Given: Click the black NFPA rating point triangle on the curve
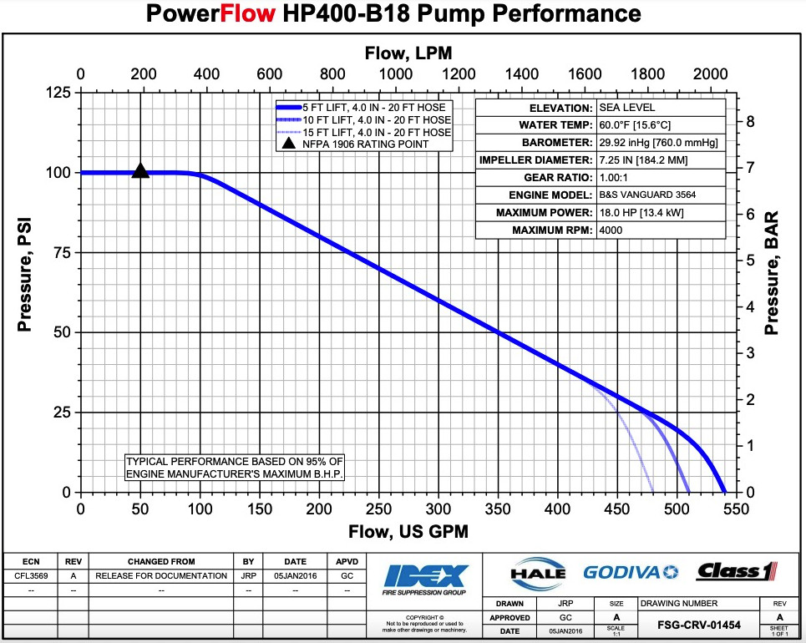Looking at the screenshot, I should pyautogui.click(x=140, y=171).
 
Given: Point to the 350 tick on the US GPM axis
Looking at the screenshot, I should pyautogui.click(x=498, y=509).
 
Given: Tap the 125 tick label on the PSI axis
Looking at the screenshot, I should pyautogui.click(x=57, y=93).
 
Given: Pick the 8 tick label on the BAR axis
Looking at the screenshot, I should pyautogui.click(x=751, y=122).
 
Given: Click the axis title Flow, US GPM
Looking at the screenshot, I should pyautogui.click(x=408, y=532).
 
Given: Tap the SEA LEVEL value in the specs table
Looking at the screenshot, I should pyautogui.click(x=627, y=108).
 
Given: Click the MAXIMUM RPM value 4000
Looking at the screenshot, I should pyautogui.click(x=611, y=230).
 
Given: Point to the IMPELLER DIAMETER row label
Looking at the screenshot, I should pyautogui.click(x=535, y=160).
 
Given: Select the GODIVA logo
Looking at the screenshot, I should pyautogui.click(x=631, y=573).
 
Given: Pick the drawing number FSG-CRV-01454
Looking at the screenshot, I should pyautogui.click(x=698, y=625).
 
